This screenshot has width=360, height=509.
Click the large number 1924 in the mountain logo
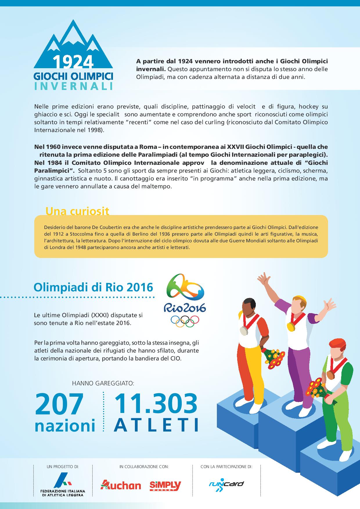(x=73, y=61)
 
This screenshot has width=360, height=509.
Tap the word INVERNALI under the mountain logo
(x=73, y=86)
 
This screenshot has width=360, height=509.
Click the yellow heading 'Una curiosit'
(x=77, y=211)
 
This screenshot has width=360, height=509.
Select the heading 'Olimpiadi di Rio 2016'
(x=93, y=287)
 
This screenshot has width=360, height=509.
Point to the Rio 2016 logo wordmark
(x=185, y=307)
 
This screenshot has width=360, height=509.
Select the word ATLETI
(x=156, y=425)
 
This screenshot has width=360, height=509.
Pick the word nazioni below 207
(x=65, y=425)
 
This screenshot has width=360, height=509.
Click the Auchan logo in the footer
(x=121, y=485)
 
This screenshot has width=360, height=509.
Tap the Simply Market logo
(x=165, y=485)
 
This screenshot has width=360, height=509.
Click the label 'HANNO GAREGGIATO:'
(x=103, y=383)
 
